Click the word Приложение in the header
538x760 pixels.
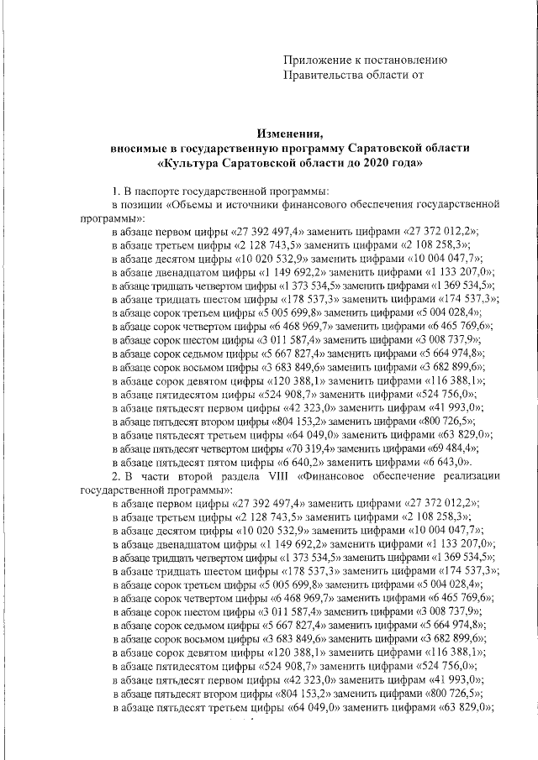tap(317, 60)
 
